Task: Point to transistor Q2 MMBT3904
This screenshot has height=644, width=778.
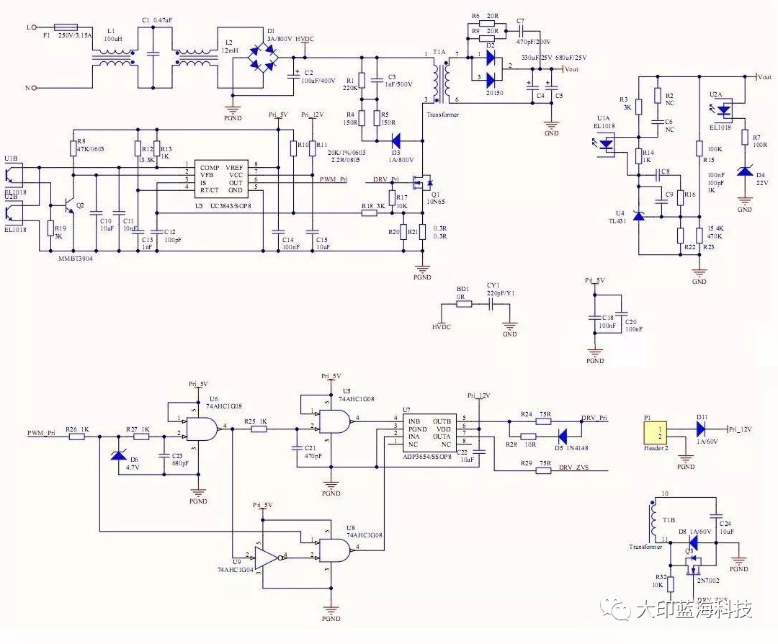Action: (x=71, y=205)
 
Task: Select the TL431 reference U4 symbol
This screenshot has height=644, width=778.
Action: (x=639, y=215)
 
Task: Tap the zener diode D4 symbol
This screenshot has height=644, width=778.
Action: (x=744, y=173)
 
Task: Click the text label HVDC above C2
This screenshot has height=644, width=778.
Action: (x=305, y=38)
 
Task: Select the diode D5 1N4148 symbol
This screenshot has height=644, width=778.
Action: (x=563, y=436)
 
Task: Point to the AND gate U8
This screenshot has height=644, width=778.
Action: (x=334, y=550)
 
